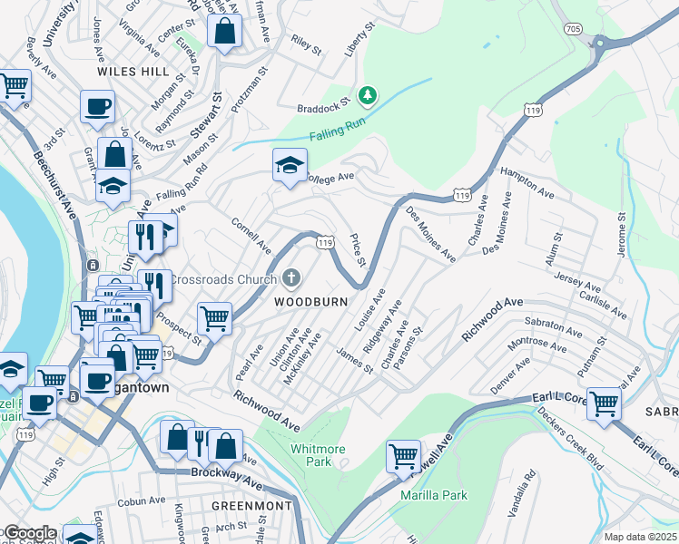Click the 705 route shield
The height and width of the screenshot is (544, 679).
pos(598,28)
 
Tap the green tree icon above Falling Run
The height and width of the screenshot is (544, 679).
pos(367,94)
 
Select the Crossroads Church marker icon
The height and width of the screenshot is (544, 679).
pos(291,277)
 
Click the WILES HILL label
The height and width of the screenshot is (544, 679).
pos(134,70)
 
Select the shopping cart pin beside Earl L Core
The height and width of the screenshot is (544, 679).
pos(604,402)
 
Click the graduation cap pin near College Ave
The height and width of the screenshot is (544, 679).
pos(290,165)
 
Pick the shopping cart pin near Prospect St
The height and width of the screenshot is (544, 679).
pos(214,317)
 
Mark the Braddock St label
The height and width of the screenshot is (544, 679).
pos(324,106)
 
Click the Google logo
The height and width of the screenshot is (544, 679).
pos(29,533)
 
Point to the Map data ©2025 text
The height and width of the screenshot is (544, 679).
pos(640,537)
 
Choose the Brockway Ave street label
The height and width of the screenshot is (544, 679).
pos(222,472)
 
